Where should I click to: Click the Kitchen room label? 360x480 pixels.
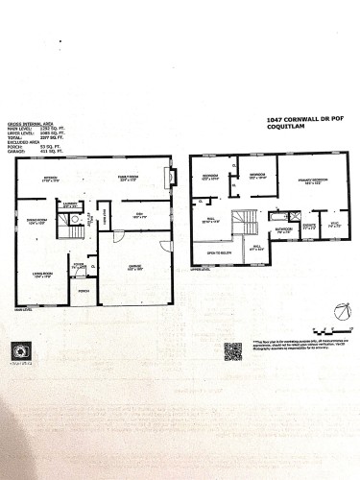(51, 178)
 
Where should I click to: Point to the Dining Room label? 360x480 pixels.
(37, 222)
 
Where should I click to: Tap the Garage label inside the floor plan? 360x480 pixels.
(136, 268)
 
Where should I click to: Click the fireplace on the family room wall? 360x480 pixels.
(172, 178)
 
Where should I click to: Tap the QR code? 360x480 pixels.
(233, 350)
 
